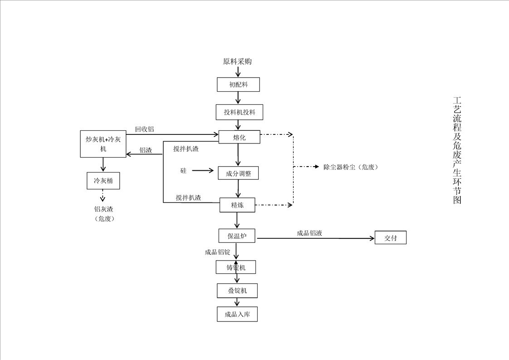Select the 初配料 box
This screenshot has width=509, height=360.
click(x=238, y=84)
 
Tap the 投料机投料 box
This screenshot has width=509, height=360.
click(x=240, y=112)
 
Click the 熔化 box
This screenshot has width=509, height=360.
click(x=240, y=137)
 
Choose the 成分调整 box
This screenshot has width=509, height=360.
click(x=238, y=173)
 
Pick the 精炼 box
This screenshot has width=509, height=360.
click(x=238, y=205)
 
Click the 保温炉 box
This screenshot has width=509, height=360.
click(x=236, y=236)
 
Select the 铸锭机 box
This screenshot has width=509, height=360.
click(x=236, y=267)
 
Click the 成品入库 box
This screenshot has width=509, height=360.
click(x=237, y=314)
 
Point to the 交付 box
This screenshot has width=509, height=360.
click(x=390, y=237)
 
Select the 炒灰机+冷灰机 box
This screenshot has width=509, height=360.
click(x=103, y=144)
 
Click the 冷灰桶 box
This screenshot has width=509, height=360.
click(x=103, y=181)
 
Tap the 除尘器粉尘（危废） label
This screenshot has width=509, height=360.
click(x=351, y=167)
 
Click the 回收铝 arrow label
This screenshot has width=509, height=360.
click(x=144, y=129)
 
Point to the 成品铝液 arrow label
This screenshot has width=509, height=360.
click(x=309, y=233)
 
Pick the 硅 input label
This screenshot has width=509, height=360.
click(x=183, y=171)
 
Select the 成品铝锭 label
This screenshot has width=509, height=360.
click(x=217, y=252)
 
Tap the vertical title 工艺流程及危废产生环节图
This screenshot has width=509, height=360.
click(x=457, y=150)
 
